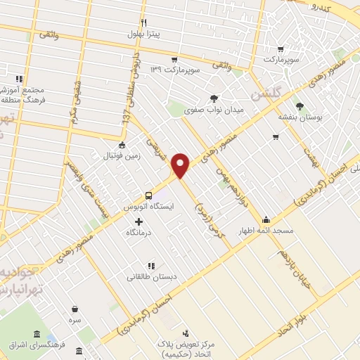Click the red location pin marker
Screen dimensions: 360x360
click(181, 165)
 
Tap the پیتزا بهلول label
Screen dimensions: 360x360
click(143, 33)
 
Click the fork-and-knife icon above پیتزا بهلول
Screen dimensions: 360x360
click(143, 22)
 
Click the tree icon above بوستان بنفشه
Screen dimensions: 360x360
click(300, 106)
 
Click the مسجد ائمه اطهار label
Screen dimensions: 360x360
click(269, 230)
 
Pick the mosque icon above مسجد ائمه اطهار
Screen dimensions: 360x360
click(265, 219)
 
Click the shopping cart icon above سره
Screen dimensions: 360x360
click(75, 308)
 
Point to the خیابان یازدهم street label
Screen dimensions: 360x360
click(290, 265)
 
